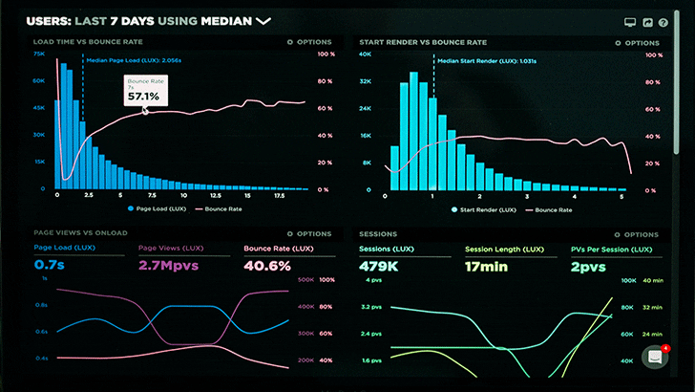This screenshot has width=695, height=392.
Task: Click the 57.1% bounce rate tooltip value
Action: click(x=144, y=96)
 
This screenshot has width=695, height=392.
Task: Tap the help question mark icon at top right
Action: click(x=663, y=22)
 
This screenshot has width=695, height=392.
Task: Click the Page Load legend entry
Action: click(x=154, y=207)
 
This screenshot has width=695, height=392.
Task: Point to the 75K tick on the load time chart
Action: click(x=39, y=54)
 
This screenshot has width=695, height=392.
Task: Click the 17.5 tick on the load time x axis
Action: click(x=280, y=194)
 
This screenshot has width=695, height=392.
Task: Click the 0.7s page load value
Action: click(x=50, y=265)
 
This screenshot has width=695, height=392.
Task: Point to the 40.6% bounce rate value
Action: click(x=267, y=265)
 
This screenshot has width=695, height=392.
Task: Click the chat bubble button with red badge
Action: click(x=655, y=357)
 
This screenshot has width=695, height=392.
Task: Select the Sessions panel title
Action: click(x=377, y=233)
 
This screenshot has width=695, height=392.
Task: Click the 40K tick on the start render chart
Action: click(x=365, y=54)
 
